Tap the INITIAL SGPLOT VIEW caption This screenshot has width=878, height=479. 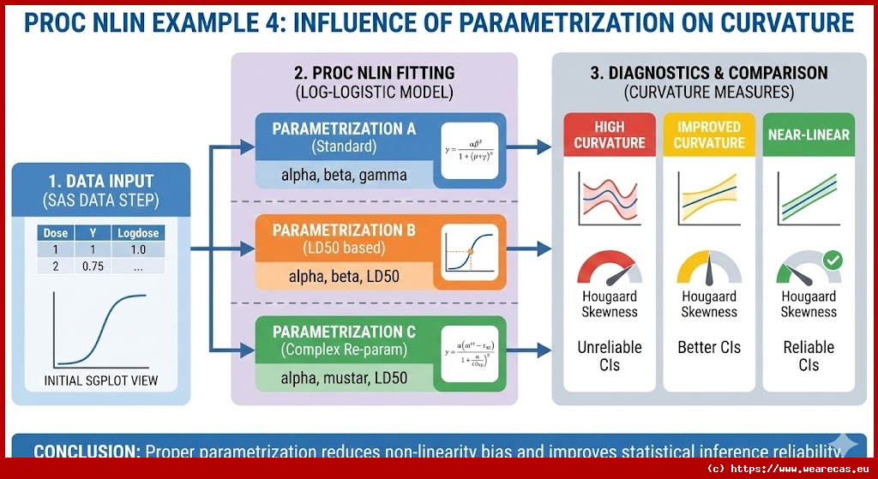coord(101,380)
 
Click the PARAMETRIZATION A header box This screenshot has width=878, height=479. coord(344,137)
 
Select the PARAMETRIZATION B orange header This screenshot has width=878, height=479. coord(344,238)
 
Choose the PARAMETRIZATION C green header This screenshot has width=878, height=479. coord(344,339)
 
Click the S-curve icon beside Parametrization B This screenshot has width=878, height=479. coord(471,251)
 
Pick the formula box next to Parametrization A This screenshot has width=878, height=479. coord(471,150)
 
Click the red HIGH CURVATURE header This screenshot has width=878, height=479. coord(610,135)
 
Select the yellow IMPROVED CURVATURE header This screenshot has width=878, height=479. coord(709,135)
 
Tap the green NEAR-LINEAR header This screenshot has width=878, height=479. coord(809,135)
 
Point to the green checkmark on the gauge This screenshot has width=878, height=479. coord(832,260)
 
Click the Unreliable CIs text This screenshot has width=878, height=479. coord(610,356)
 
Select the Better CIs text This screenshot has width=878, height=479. coord(709,347)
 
